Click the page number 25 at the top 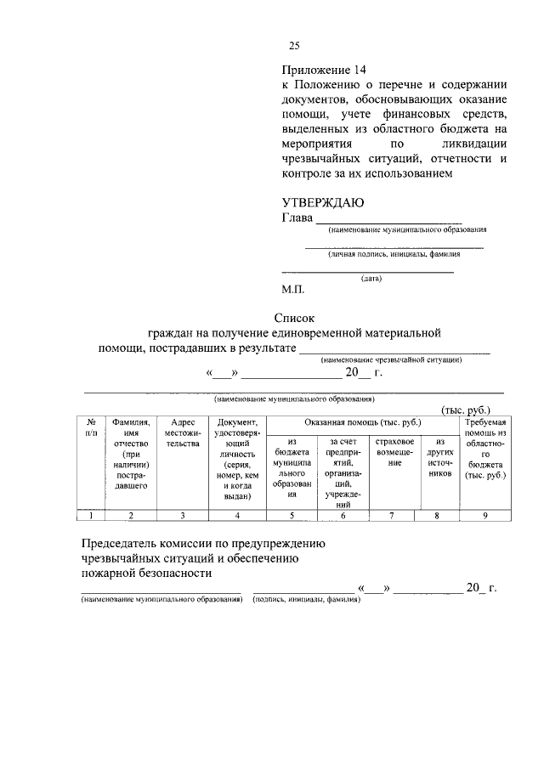[x=294, y=46]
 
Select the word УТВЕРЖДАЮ [x=322, y=202]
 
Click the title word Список [x=293, y=317]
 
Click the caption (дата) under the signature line [x=371, y=278]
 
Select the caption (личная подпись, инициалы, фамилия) [x=394, y=253]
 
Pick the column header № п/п [x=90, y=427]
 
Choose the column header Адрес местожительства [x=183, y=433]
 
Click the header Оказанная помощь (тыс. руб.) [x=361, y=422]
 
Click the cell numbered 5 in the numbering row [x=291, y=515]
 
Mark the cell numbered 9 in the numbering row [x=484, y=515]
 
